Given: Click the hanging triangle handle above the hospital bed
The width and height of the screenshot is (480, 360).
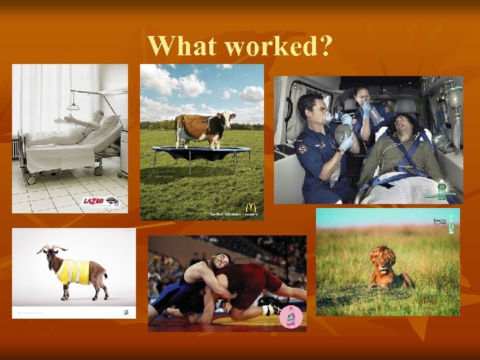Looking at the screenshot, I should pyautogui.click(x=73, y=105).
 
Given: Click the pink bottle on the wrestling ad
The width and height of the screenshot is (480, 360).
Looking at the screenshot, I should pyautogui.click(x=291, y=316).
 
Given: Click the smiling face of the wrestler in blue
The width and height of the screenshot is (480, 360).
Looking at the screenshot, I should pyautogui.click(x=221, y=261).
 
